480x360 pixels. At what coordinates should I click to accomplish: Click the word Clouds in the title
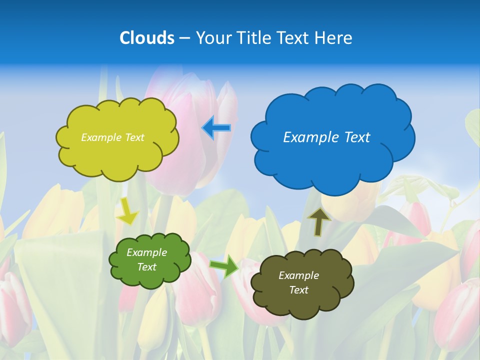[x=147, y=38]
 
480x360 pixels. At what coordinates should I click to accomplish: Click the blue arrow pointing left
[x=216, y=128]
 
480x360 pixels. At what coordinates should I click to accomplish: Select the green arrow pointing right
[x=224, y=265]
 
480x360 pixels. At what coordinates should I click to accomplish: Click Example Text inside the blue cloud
[x=326, y=137]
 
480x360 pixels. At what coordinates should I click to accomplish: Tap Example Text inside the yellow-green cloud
[x=112, y=137]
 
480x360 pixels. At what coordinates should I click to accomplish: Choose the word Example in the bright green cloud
[x=146, y=252]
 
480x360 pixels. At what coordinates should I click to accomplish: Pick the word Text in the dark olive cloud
[x=298, y=290]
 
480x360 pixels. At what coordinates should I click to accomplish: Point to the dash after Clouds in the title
[x=184, y=38]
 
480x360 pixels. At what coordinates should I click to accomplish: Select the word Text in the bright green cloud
[x=146, y=267]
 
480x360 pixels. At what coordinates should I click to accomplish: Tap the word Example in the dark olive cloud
[x=298, y=275]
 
